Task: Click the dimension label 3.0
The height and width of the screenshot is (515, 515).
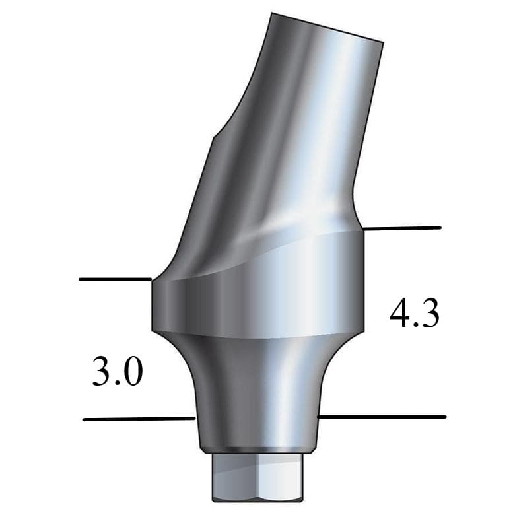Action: [x=118, y=372]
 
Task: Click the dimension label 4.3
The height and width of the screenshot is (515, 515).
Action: [x=414, y=316]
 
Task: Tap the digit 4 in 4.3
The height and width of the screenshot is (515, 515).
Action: [x=399, y=316]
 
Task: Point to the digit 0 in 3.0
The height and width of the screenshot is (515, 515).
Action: [x=132, y=373]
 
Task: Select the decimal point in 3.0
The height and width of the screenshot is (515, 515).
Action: [x=118, y=383]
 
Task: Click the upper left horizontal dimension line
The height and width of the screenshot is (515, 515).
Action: [x=116, y=279]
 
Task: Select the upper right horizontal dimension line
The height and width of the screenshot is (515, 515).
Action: [x=402, y=228]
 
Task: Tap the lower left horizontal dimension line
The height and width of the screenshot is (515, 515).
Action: [x=139, y=419]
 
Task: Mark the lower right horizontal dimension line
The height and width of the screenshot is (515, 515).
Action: [x=382, y=417]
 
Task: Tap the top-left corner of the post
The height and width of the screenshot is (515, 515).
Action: [x=272, y=13]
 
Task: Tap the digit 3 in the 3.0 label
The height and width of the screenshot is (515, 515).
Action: [x=103, y=373]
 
